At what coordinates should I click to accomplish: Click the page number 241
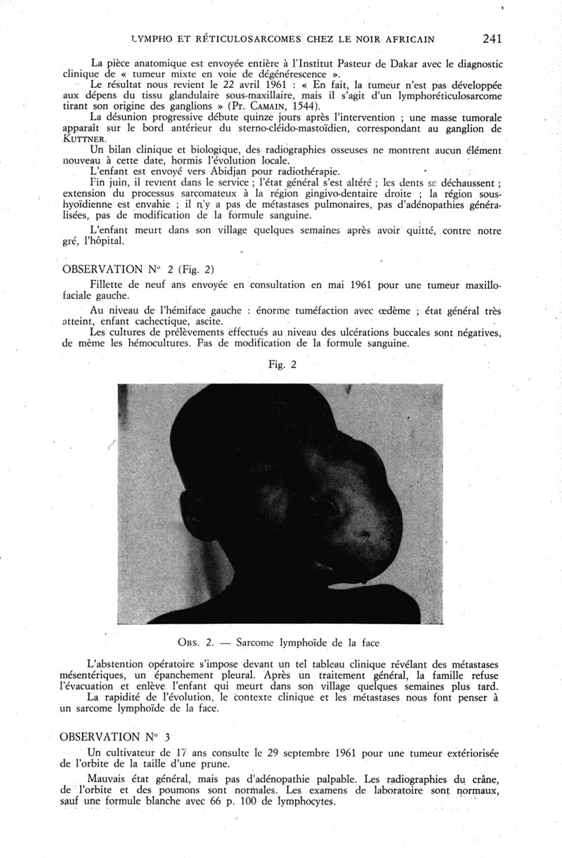[x=492, y=38]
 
